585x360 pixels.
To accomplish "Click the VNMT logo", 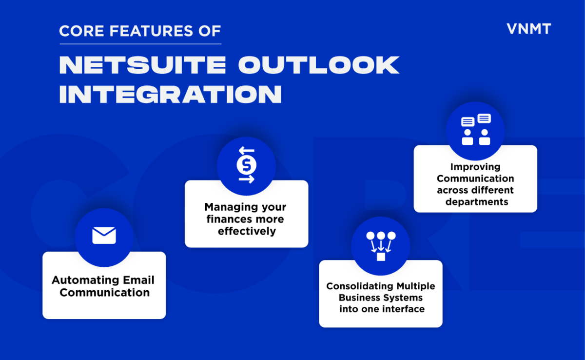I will [528, 29].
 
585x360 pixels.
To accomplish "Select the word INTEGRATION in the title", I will [170, 94].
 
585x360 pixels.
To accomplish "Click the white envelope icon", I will [104, 236].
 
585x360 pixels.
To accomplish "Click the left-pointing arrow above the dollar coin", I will [246, 151].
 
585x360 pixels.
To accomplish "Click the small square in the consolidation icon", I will [381, 257].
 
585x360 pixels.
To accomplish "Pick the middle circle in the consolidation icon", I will [381, 236].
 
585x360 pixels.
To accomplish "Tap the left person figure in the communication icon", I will [468, 137].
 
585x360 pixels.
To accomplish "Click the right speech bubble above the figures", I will [484, 118].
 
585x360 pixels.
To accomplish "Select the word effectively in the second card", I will [247, 231].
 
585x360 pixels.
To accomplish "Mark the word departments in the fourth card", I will [476, 201].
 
